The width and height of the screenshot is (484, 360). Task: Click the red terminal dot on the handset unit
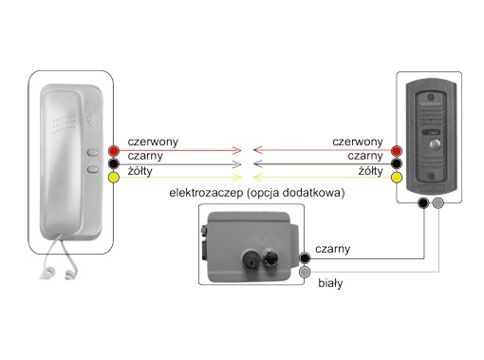[114, 151]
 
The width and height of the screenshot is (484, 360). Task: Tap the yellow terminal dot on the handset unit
[114, 177]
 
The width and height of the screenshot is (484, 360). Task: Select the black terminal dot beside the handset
[114, 163]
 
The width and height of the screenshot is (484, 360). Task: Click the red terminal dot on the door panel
[395, 151]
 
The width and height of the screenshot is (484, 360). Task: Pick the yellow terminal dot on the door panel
[395, 177]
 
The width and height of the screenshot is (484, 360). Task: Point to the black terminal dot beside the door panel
[395, 163]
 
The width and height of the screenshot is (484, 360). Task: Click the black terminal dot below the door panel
[422, 203]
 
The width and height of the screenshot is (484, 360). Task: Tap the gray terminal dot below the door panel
[437, 203]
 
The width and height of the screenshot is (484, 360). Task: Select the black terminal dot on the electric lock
[305, 257]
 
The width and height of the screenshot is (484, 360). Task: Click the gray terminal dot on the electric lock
[305, 273]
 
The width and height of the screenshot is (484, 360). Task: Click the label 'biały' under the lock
[329, 282]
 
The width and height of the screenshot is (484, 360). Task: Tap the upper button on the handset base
[92, 152]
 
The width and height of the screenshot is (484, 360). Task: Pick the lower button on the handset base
[92, 171]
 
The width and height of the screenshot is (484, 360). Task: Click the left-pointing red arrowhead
[250, 150]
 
